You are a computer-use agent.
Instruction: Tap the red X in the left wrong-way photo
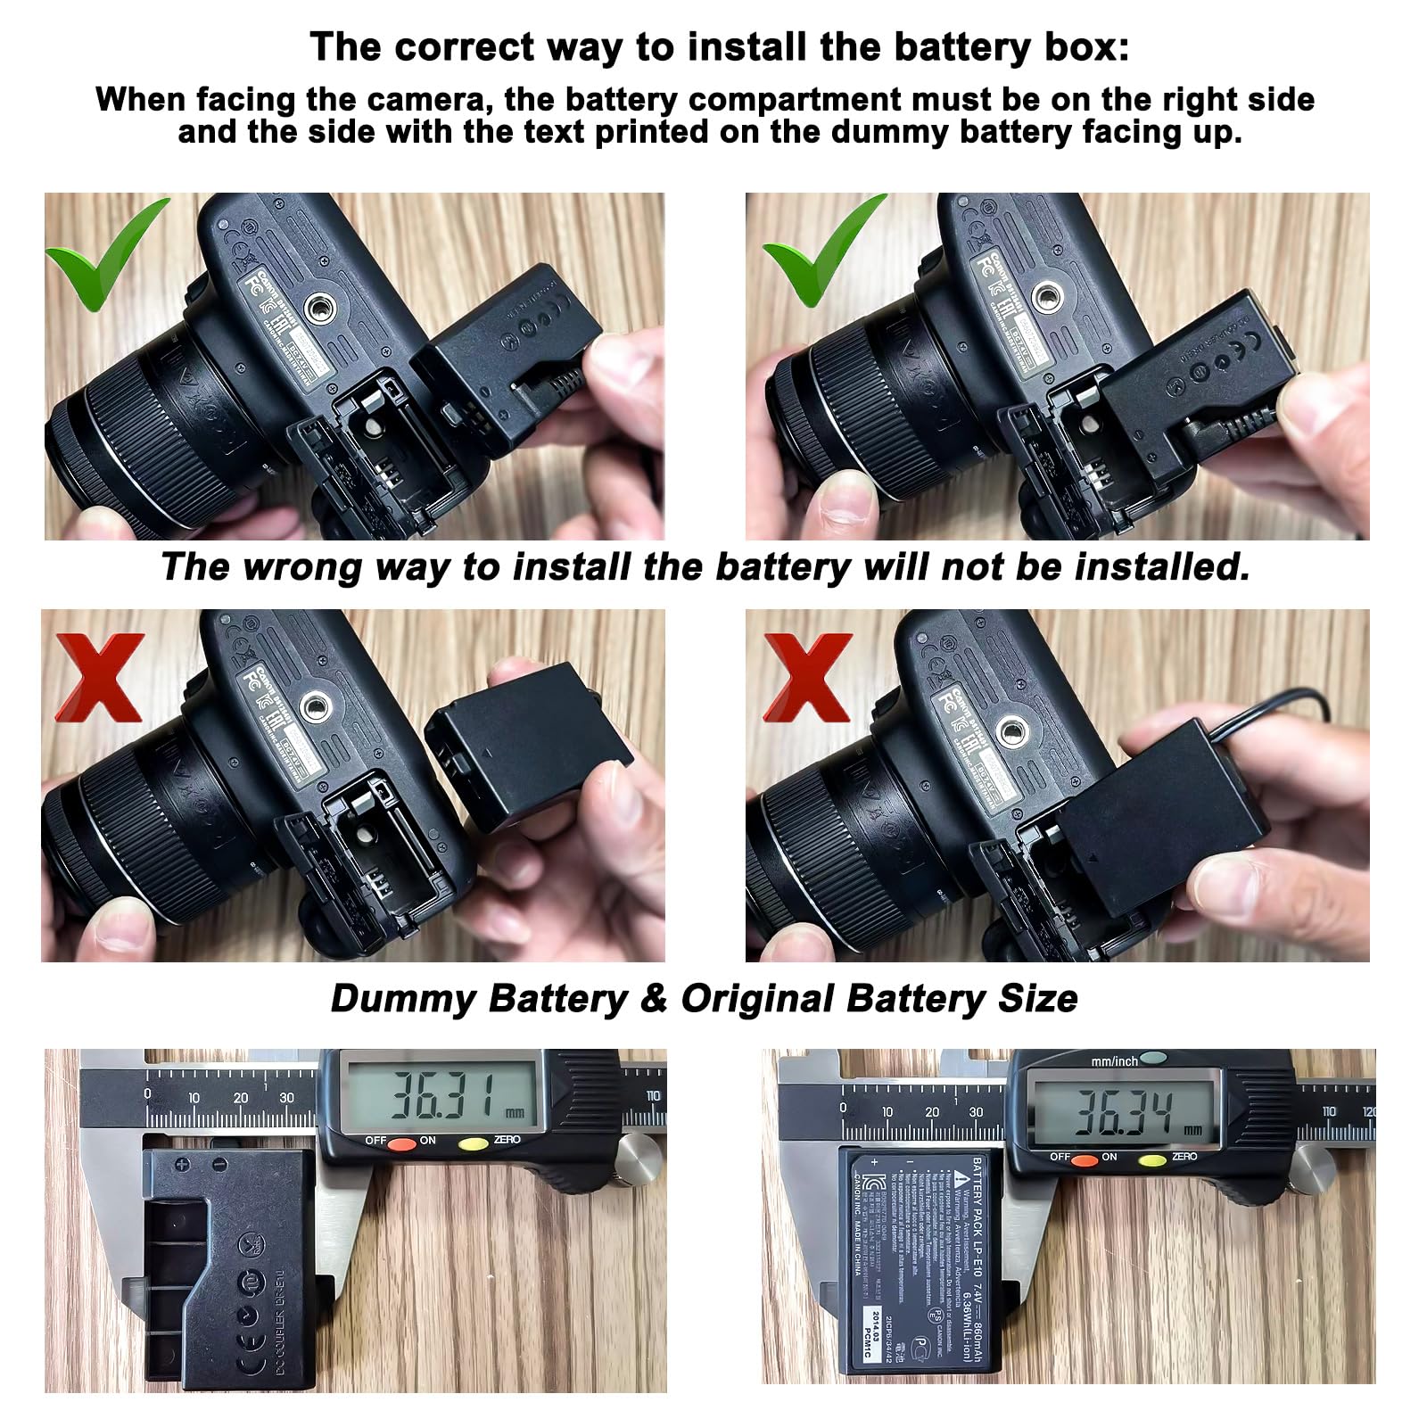pos(100,677)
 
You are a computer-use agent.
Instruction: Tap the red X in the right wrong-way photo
pos(808,677)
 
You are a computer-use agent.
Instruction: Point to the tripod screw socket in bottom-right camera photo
pos(1010,733)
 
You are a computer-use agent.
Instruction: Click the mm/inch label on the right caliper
pos(1114,1060)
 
